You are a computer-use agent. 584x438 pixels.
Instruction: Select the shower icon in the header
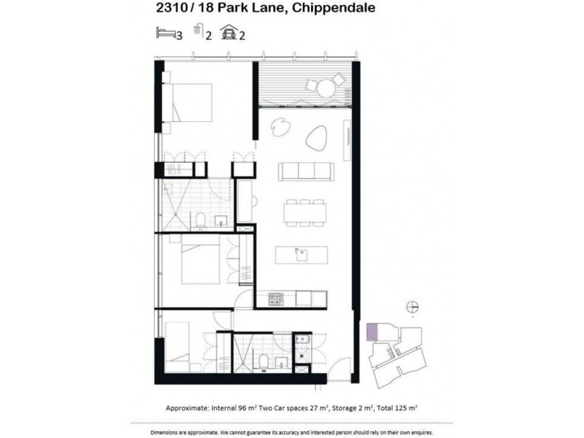click(197, 31)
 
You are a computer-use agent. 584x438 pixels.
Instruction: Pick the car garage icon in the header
click(228, 32)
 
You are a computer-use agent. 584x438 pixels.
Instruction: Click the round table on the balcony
click(326, 88)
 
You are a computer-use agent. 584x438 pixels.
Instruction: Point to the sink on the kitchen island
click(299, 255)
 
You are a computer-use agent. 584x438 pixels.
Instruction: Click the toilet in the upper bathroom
click(200, 220)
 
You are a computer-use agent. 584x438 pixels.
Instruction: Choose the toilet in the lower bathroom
click(262, 361)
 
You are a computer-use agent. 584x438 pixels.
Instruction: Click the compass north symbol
click(412, 307)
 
